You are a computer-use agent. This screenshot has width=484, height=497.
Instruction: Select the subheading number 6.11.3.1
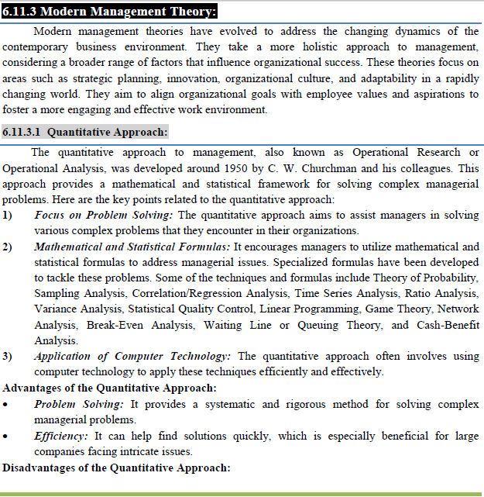pos(23,132)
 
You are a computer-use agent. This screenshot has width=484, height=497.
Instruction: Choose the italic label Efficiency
pos(61,436)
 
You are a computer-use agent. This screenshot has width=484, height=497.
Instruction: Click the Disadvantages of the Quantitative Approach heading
pos(117,468)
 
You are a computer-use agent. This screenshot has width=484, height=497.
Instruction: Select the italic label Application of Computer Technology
pos(132,357)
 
